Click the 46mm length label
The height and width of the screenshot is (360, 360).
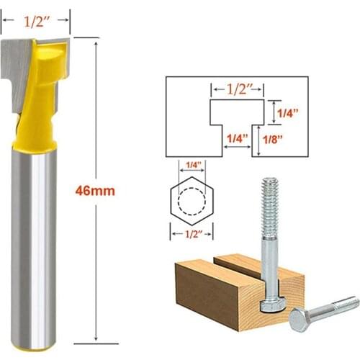tap(94, 192)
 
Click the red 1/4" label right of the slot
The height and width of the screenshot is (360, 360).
tap(287, 112)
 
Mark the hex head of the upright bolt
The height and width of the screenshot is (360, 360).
tap(272, 302)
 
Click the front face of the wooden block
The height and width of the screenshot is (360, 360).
tap(209, 295)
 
